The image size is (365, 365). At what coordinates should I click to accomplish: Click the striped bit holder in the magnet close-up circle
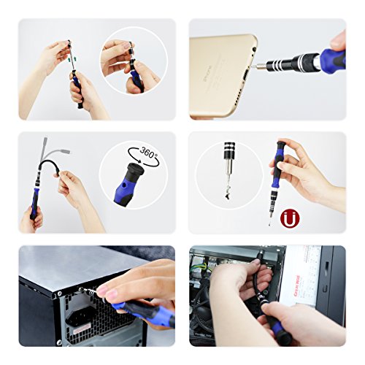click(218, 156)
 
